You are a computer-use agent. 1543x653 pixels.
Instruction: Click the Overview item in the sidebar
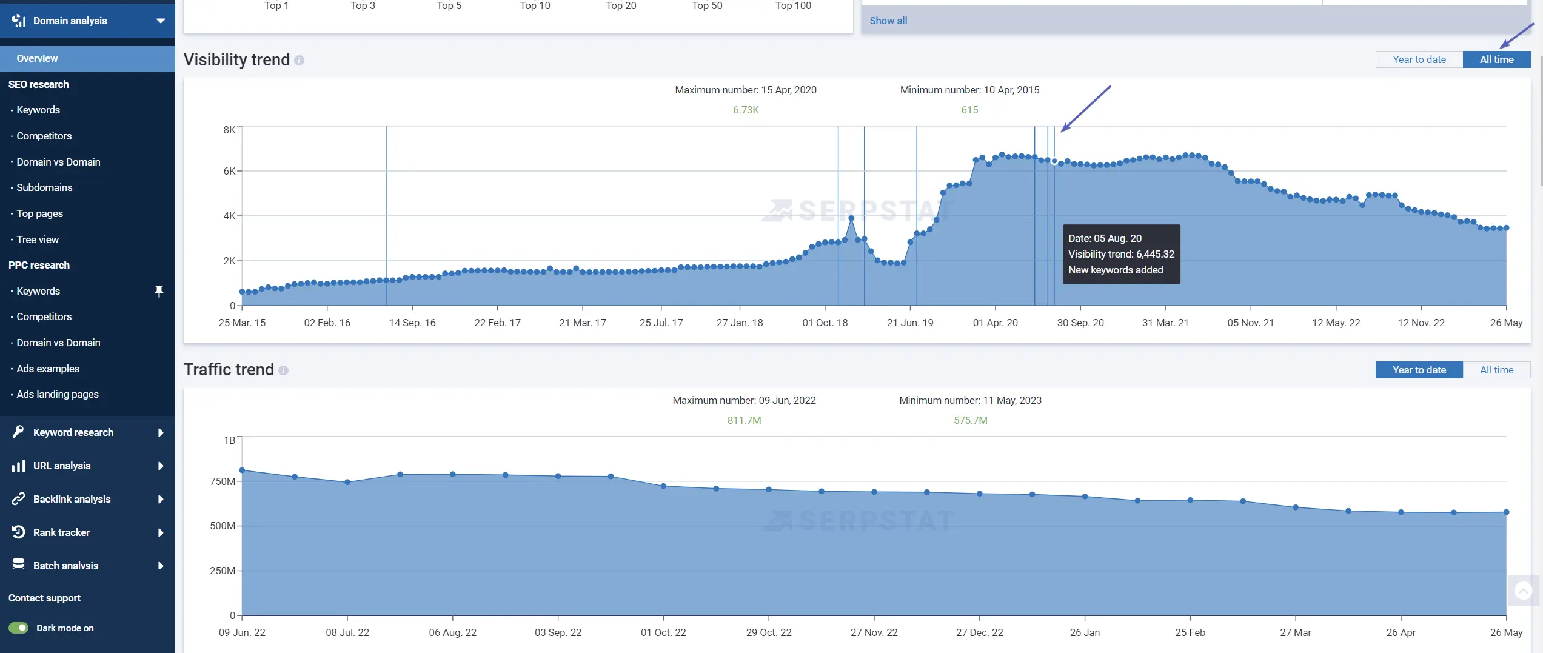(37, 58)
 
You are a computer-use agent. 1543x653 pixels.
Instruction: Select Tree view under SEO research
(38, 239)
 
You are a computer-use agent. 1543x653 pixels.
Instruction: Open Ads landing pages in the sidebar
(58, 394)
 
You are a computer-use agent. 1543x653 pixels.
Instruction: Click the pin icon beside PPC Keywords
(159, 292)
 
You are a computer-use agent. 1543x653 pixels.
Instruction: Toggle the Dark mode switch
(19, 628)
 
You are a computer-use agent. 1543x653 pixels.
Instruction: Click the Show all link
(888, 21)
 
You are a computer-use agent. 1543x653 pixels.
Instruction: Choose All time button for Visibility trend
(1496, 59)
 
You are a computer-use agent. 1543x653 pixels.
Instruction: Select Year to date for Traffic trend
(1419, 370)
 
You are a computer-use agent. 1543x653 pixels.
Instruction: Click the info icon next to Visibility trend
(300, 60)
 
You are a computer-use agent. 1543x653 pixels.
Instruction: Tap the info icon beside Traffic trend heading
(283, 370)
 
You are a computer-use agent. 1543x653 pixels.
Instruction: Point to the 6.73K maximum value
(746, 110)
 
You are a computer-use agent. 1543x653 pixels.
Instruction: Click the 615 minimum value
(969, 110)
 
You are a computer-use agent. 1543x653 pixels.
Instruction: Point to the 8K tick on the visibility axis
(229, 130)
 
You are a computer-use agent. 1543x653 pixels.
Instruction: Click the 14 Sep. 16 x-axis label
(412, 323)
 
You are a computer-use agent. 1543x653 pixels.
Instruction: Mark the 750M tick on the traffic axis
(223, 481)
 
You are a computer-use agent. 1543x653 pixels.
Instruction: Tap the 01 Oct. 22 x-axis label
(663, 632)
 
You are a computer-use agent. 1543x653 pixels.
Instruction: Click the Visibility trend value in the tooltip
(1121, 254)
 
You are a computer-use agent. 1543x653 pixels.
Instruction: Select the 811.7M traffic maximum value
(744, 420)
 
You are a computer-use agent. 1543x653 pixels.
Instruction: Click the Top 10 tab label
(535, 6)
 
